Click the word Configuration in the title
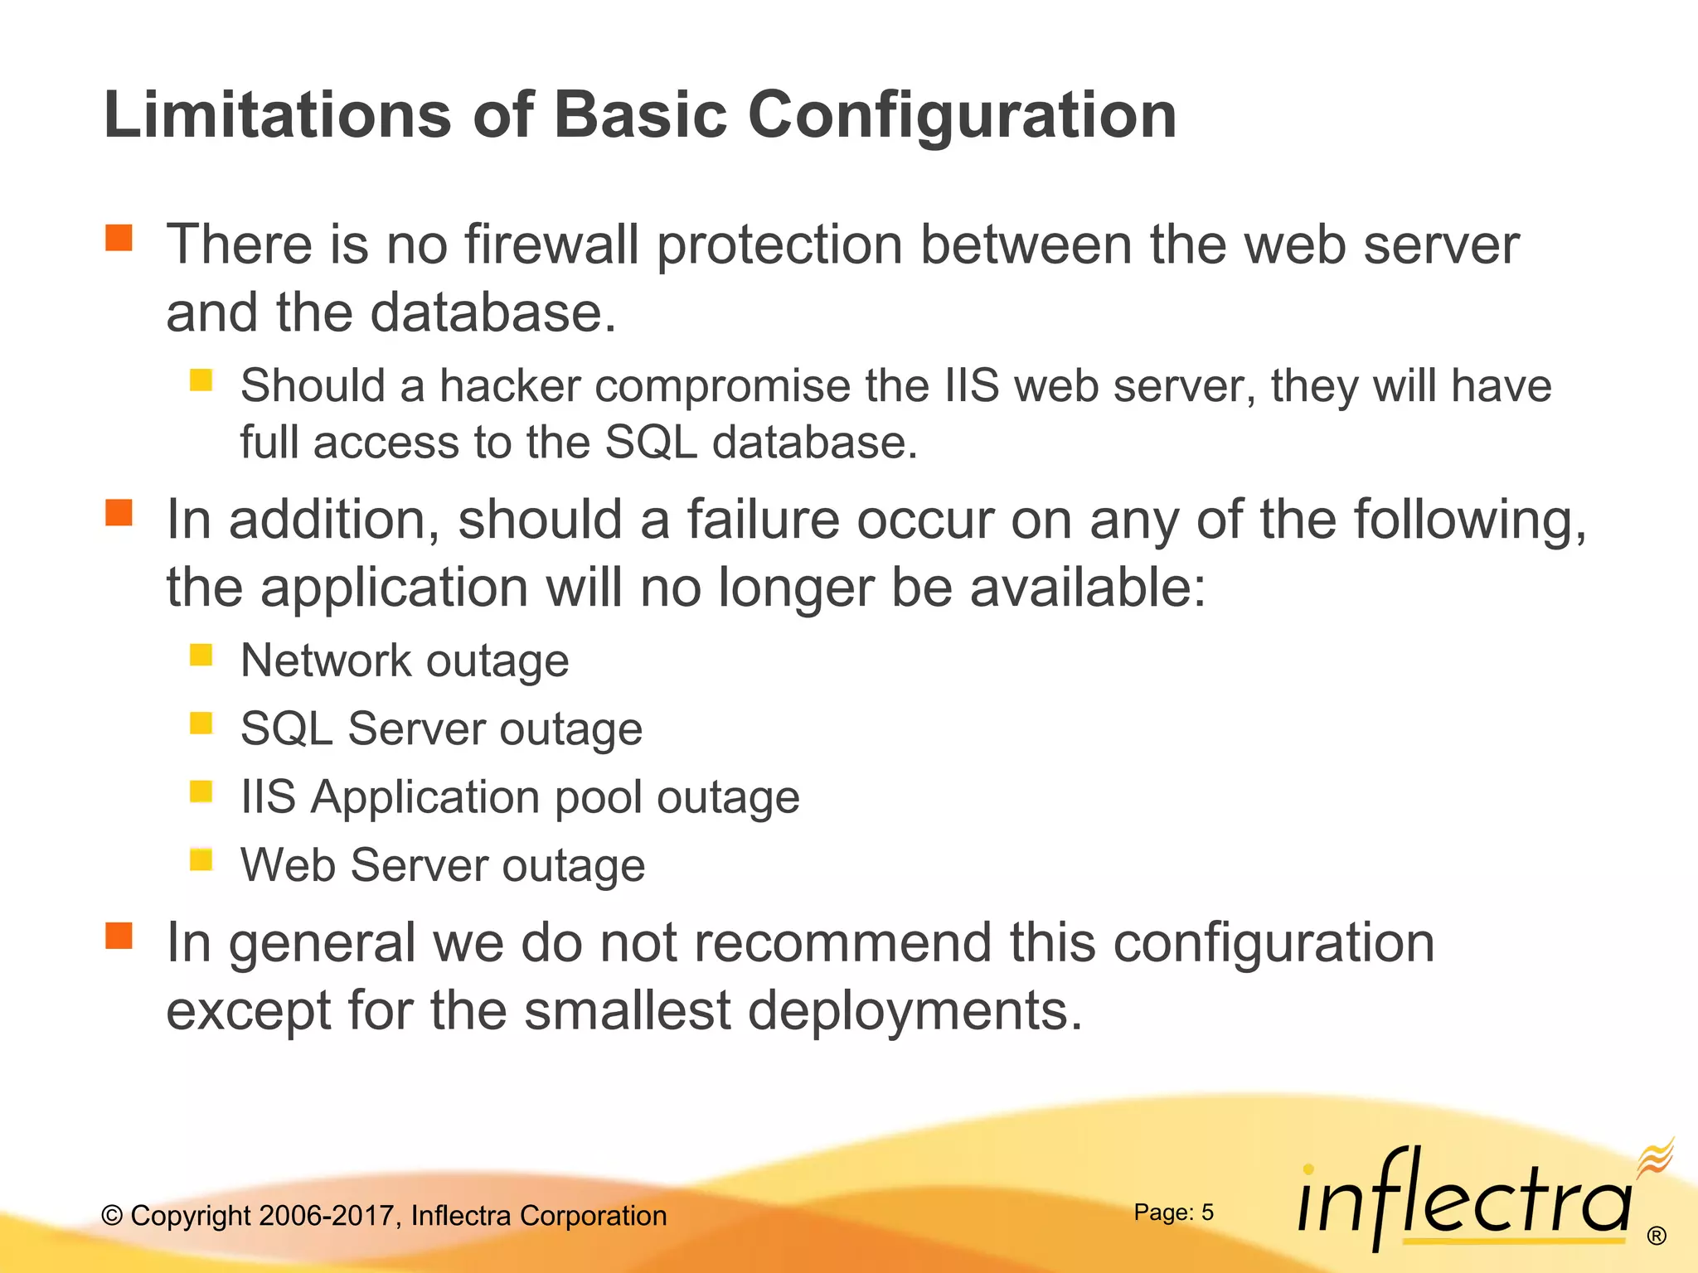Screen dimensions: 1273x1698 (962, 116)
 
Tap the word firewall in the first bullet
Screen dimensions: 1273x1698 (551, 245)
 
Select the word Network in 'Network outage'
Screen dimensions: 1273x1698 (326, 661)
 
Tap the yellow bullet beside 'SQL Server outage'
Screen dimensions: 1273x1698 (201, 724)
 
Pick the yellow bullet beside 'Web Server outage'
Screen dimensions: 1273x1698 (201, 859)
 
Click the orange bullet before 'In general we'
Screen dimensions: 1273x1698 (119, 936)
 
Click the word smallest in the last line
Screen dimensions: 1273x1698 (628, 1011)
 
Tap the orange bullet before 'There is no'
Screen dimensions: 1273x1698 (119, 238)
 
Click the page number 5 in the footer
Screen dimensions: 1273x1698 (1207, 1212)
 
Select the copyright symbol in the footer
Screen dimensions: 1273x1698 (112, 1216)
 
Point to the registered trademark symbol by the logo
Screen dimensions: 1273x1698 (1656, 1237)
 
